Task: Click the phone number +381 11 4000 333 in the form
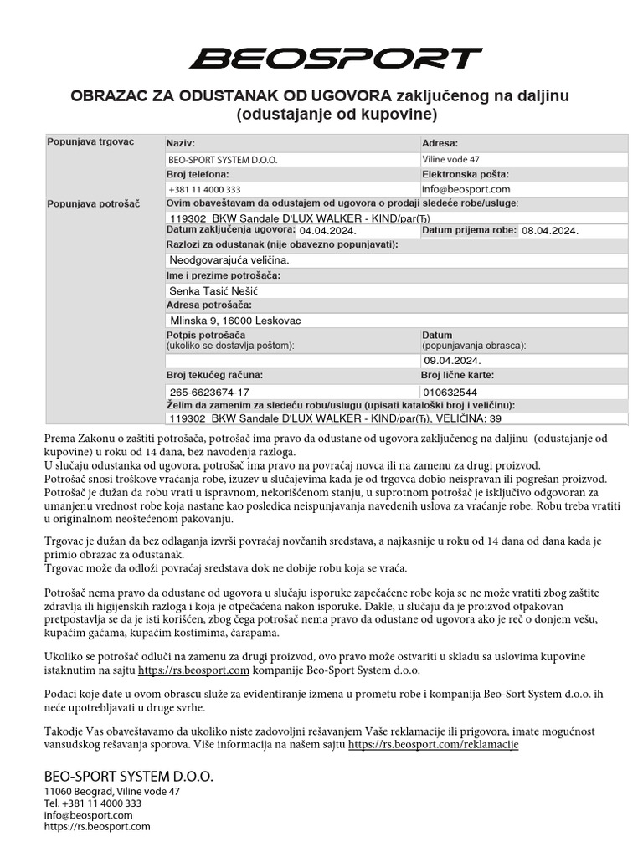tap(204, 190)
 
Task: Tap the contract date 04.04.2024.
tap(328, 231)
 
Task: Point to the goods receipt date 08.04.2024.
tap(550, 231)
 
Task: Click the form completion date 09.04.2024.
tap(453, 361)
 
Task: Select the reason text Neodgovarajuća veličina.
tap(229, 260)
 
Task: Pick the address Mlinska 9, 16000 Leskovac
tap(235, 321)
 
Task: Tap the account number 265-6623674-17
tap(209, 392)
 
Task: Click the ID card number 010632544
tap(450, 392)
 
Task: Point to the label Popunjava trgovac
tap(91, 142)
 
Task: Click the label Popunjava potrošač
tap(94, 203)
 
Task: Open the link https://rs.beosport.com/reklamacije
tap(433, 744)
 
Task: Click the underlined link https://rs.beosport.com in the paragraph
tap(194, 670)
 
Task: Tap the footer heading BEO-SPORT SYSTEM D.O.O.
tap(129, 777)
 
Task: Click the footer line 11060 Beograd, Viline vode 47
tap(111, 792)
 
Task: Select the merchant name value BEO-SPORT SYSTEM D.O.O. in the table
tap(223, 159)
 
